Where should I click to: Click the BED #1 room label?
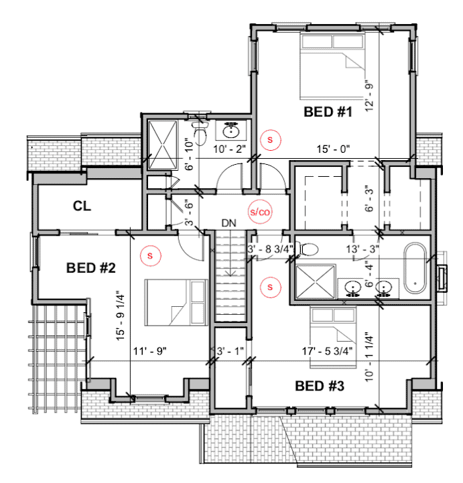328,112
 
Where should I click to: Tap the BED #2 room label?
91,268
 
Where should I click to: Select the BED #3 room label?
320,386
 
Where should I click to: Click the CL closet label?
82,206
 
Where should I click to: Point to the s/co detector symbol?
260,212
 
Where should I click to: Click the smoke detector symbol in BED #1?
270,140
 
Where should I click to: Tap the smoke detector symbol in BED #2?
150,256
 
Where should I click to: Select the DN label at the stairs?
229,223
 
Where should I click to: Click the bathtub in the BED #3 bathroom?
415,269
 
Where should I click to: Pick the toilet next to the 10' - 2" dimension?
200,133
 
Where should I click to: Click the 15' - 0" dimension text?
333,149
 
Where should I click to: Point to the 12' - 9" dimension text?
369,96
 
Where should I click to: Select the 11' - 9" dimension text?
149,351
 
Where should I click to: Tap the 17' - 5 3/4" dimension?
327,351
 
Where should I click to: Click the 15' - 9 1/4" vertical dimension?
121,316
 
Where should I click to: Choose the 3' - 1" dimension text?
230,351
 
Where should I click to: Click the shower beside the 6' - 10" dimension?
163,145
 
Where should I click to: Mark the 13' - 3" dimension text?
362,249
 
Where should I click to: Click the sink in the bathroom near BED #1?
231,131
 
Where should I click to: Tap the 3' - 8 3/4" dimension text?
270,249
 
